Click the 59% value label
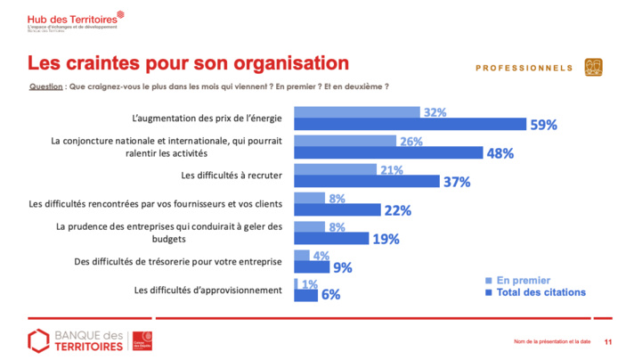(545, 126)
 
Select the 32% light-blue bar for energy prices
(356, 112)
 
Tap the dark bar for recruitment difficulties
(367, 182)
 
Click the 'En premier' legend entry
(524, 279)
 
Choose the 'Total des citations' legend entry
(541, 291)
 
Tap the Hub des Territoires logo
(65, 21)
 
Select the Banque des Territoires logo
(89, 340)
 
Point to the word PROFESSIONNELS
(524, 68)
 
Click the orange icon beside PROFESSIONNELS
(593, 68)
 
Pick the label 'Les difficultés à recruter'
(231, 175)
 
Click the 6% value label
(331, 296)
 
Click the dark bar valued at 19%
(331, 239)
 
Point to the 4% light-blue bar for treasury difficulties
(301, 255)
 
